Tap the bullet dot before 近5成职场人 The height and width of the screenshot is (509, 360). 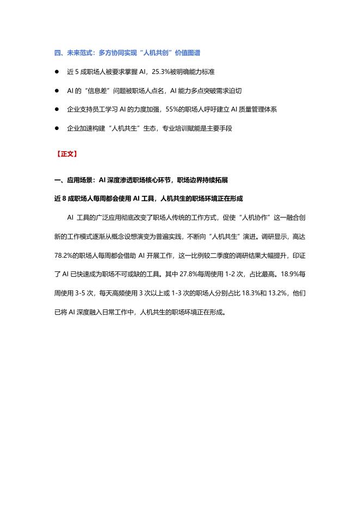tap(56, 72)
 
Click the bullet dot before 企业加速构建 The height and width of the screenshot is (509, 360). tap(56, 128)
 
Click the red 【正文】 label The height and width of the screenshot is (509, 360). tap(66, 154)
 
